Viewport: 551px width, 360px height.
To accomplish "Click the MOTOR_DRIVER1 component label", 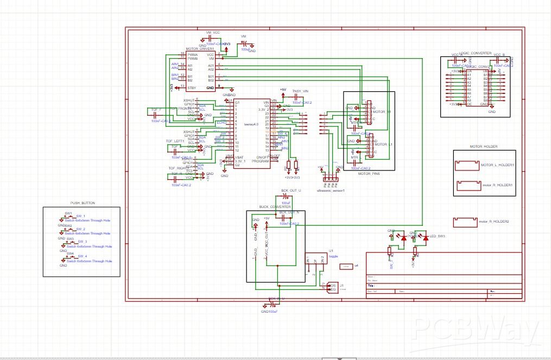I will [200, 49].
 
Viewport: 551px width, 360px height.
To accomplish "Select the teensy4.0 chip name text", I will [251, 124].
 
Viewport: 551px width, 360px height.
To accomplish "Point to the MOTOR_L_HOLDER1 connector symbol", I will [468, 165].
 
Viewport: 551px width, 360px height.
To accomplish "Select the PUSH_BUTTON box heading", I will [83, 203].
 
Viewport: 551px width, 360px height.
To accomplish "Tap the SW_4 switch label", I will [82, 256].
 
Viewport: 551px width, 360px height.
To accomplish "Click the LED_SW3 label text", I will [437, 237].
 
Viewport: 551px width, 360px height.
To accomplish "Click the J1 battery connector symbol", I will [332, 288].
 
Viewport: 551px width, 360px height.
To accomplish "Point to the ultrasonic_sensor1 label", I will [331, 190].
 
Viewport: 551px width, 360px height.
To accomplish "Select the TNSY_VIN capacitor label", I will [300, 91].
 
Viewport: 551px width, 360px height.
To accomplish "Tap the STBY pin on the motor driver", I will [192, 87].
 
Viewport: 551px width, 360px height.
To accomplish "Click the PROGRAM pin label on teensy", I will [261, 161].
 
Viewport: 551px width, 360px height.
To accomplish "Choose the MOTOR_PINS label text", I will [368, 174].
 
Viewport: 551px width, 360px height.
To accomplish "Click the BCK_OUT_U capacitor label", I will [290, 191].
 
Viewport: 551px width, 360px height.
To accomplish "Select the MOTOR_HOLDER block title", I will [484, 147].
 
